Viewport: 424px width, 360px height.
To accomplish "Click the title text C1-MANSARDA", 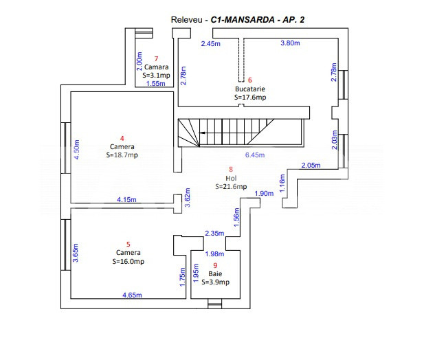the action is (x=243, y=20).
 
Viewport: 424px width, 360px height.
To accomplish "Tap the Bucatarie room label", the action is (x=250, y=89).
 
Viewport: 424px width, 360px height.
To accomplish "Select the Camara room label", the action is (x=156, y=67).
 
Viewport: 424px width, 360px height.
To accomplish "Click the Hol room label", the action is (x=231, y=178).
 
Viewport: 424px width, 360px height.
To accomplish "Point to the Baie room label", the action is (x=215, y=274).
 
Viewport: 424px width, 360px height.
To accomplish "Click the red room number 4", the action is (x=122, y=138).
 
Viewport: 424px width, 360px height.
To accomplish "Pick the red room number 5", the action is (x=129, y=245).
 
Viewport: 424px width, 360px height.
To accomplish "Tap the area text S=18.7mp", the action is (x=122, y=155).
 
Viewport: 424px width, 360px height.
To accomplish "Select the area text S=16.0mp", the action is (x=129, y=261).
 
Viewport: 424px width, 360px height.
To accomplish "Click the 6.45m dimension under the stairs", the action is (x=255, y=155).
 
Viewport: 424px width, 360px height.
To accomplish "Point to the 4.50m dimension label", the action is (x=77, y=150).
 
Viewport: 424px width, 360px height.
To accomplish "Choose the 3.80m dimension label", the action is (x=290, y=43).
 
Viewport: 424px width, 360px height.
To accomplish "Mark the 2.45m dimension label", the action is (x=211, y=43).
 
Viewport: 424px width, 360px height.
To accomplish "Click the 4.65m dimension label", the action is (x=132, y=295).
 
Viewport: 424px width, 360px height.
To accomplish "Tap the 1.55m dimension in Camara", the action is (x=155, y=84).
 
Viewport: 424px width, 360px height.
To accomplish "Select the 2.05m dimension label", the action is (x=311, y=165).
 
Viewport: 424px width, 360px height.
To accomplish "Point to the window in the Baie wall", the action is (x=214, y=304).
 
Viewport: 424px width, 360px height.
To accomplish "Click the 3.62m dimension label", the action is (x=188, y=197).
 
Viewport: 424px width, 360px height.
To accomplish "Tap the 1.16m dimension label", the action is (x=282, y=183).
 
